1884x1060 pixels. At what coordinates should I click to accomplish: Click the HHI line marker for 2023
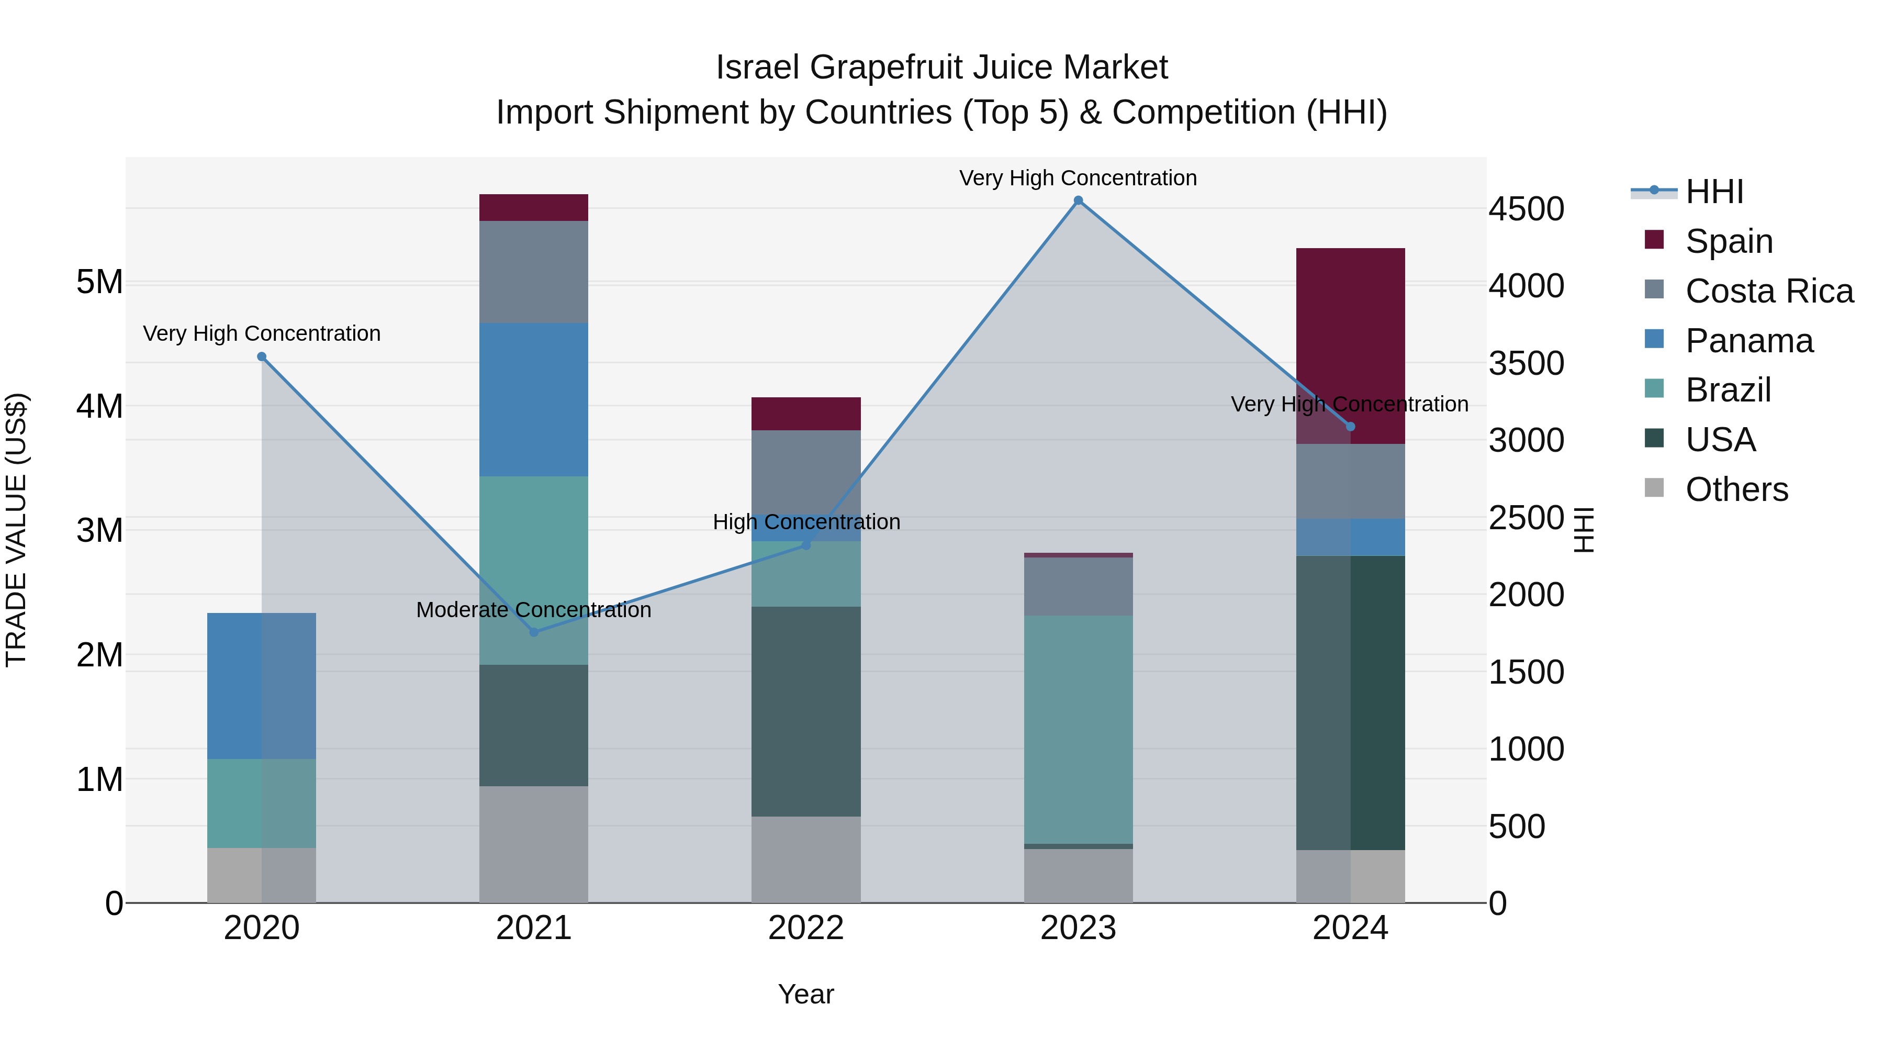[x=1078, y=200]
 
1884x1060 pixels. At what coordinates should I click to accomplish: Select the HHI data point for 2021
[x=534, y=632]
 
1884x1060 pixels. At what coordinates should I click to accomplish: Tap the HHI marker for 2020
[x=262, y=357]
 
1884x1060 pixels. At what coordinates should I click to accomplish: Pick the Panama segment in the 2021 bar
[x=534, y=399]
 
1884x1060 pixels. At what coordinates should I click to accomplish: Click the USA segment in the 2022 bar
[x=806, y=711]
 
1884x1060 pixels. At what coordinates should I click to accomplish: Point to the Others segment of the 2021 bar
[x=534, y=844]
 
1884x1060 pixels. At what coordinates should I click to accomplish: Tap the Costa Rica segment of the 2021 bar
[x=534, y=271]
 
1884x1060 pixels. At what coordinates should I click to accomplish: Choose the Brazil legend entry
[x=1728, y=390]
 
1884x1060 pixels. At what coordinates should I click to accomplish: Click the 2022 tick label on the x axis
[x=806, y=928]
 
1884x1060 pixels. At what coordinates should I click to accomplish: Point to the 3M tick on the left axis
[x=99, y=530]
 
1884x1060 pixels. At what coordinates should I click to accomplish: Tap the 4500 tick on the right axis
[x=1527, y=209]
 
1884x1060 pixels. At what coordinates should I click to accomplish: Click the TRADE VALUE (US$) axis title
[x=16, y=530]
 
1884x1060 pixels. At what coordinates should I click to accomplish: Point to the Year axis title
[x=806, y=994]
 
